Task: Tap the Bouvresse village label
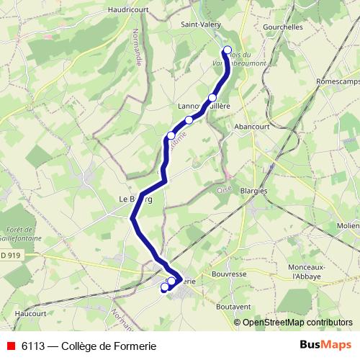[230, 274]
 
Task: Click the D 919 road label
[9, 254]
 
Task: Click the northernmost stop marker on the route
[228, 50]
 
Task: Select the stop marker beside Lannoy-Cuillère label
[212, 98]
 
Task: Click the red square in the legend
[11, 346]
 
